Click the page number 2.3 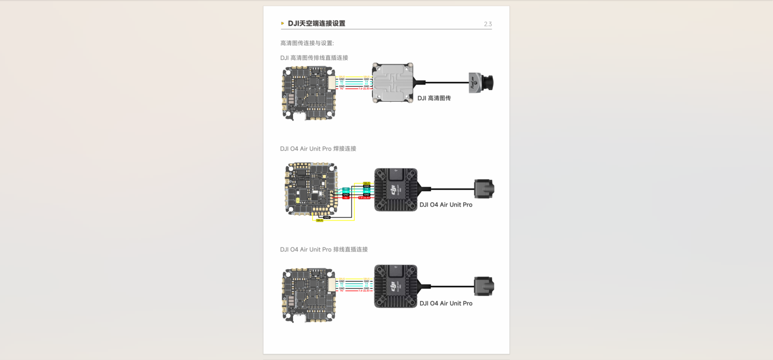pyautogui.click(x=488, y=24)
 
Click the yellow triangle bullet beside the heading pyautogui.click(x=282, y=23)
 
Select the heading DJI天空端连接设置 pyautogui.click(x=316, y=23)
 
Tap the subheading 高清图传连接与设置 pyautogui.click(x=307, y=43)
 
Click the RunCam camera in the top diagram pyautogui.click(x=481, y=83)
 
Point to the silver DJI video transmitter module pyautogui.click(x=393, y=82)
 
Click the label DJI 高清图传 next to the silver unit pyautogui.click(x=434, y=98)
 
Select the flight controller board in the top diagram pyautogui.click(x=309, y=93)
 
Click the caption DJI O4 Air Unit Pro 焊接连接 pyautogui.click(x=318, y=149)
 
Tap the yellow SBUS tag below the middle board pyautogui.click(x=319, y=221)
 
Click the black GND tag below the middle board pyautogui.click(x=327, y=217)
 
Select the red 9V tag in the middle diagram pyautogui.click(x=346, y=198)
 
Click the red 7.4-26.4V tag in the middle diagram pyautogui.click(x=364, y=198)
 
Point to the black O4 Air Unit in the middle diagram pyautogui.click(x=395, y=190)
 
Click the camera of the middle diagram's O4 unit pyautogui.click(x=484, y=189)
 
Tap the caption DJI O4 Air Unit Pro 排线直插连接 pyautogui.click(x=324, y=249)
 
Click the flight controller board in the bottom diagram pyautogui.click(x=309, y=296)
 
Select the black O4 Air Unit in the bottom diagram pyautogui.click(x=395, y=286)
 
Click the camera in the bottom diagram pyautogui.click(x=484, y=286)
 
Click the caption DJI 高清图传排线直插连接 pyautogui.click(x=314, y=58)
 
